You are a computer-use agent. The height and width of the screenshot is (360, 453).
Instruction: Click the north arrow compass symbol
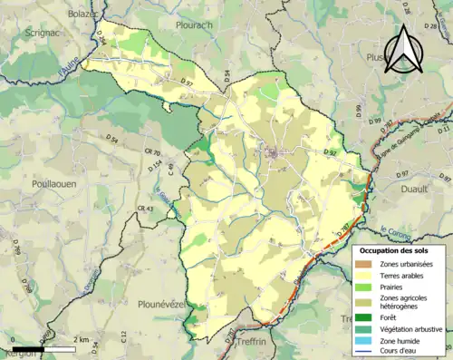coord(404,50)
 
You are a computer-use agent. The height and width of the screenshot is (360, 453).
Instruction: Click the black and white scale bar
coord(43,347)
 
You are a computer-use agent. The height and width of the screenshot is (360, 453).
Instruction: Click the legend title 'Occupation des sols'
coord(400,249)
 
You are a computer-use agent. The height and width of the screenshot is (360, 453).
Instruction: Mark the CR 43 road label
coord(144,209)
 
